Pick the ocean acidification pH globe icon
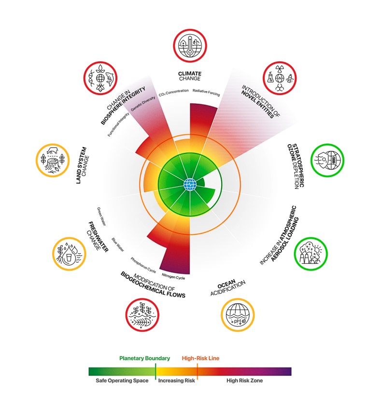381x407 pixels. pyautogui.click(x=237, y=315)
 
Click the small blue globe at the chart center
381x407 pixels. pyautogui.click(x=190, y=184)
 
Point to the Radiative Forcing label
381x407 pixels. pyautogui.click(x=206, y=90)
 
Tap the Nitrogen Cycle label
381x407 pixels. pyautogui.click(x=173, y=276)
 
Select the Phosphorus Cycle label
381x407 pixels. pyautogui.click(x=142, y=267)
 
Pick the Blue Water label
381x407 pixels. pyautogui.click(x=118, y=244)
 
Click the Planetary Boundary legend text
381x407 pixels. pyautogui.click(x=145, y=358)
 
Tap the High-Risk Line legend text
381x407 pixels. pyautogui.click(x=200, y=358)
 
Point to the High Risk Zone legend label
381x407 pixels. pyautogui.click(x=244, y=381)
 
